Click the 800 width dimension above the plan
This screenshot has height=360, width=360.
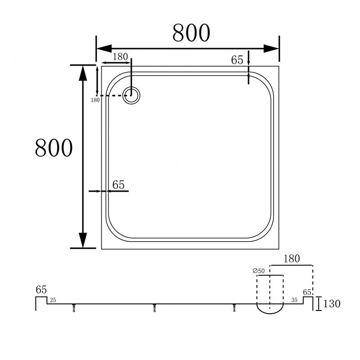coord(191,32)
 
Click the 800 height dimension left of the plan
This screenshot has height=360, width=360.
coord(54,148)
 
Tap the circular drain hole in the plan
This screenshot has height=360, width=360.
coord(131,95)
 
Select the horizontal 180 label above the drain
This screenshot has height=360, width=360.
coord(120,57)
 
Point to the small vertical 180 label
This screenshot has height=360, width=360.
coord(95,100)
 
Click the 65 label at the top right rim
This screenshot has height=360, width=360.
coord(237,60)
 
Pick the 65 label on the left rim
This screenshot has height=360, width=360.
coord(118,185)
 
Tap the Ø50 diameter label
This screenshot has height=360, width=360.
coord(258,271)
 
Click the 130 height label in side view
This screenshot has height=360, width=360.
coord(332,304)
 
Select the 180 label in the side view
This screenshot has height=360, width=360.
coord(292,259)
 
